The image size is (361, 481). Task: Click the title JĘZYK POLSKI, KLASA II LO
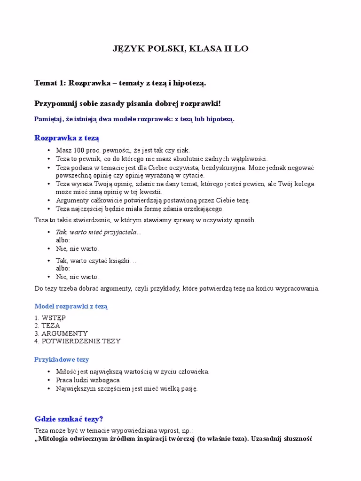[181, 49]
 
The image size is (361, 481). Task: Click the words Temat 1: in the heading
[50, 83]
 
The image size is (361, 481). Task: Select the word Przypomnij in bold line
[53, 103]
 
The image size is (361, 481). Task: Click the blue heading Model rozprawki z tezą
[71, 306]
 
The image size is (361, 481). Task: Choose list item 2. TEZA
[47, 326]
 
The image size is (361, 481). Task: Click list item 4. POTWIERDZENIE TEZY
[78, 341]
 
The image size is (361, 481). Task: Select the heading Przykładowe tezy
[62, 359]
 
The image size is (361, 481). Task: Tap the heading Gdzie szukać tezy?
[69, 419]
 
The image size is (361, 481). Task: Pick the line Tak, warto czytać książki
[96, 260]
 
